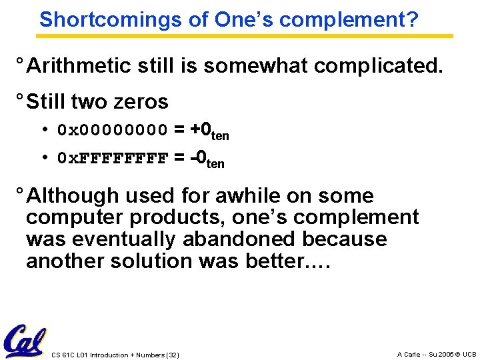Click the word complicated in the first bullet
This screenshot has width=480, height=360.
(380, 66)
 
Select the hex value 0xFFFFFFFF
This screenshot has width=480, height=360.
(113, 159)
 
